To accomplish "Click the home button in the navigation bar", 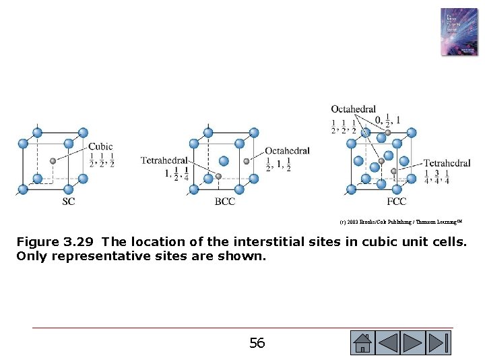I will [362, 342].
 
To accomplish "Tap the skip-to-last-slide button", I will [439, 342].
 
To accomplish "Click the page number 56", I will [257, 343].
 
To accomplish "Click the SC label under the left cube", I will [69, 201].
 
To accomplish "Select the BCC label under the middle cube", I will [225, 201].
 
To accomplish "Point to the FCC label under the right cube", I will [396, 201].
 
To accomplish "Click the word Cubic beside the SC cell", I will [100, 146].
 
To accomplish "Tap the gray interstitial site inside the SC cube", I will [53, 161].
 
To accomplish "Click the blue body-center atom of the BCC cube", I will [224, 161].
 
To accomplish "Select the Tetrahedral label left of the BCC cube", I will [164, 160].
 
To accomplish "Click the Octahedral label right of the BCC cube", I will [287, 151].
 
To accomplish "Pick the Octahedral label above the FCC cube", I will [353, 109].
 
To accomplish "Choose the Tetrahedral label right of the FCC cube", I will [447, 163].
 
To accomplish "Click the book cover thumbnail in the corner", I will [459, 32].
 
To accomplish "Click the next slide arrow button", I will [413, 342].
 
